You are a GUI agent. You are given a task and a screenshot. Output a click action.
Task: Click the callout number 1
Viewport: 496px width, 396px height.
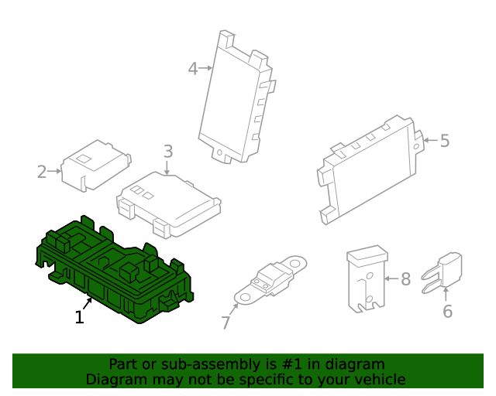click(79, 317)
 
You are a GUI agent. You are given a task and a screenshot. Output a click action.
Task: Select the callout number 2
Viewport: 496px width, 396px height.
click(42, 172)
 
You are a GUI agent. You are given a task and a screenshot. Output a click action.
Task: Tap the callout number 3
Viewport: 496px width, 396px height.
click(167, 152)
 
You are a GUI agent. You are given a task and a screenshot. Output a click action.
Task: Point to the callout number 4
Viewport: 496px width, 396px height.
click(192, 69)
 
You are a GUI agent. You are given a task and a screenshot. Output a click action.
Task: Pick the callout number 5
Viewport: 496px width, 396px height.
click(444, 141)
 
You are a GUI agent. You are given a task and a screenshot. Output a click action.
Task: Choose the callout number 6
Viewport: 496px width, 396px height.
click(447, 311)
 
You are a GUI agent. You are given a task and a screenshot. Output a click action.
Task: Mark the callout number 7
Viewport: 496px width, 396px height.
click(226, 323)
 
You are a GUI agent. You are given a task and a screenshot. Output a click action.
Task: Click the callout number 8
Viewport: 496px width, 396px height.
click(405, 278)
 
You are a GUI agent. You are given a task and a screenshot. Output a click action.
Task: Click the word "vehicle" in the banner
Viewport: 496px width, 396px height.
click(377, 379)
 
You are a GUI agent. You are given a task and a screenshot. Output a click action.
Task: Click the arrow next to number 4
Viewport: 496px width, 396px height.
click(206, 68)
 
